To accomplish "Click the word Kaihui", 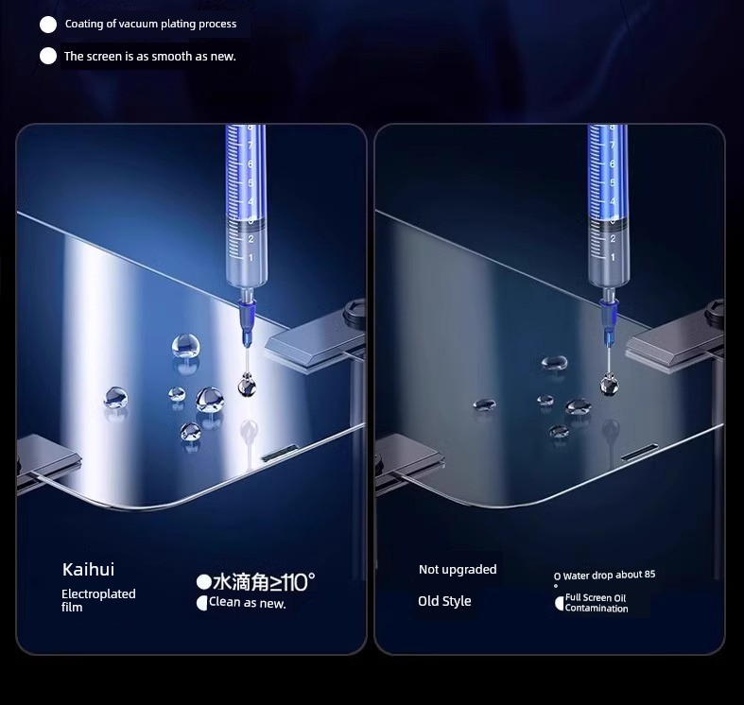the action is point(88,569).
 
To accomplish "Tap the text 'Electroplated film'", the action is point(98,600).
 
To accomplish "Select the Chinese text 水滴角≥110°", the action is point(264,582).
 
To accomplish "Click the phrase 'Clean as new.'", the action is point(247,603).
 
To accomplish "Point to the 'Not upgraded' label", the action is point(458,569).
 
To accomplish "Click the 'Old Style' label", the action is point(444,601).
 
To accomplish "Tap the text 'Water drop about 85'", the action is point(609,575).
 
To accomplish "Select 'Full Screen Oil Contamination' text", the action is point(597,603).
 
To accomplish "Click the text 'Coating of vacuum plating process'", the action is point(150,24).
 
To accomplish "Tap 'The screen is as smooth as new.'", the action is point(150,57).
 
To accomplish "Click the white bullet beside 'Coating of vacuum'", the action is point(48,25).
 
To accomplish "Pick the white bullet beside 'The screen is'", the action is point(48,56).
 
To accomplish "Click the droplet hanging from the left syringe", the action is point(247,385).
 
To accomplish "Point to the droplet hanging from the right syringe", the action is point(609,385).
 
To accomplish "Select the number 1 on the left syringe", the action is point(251,258).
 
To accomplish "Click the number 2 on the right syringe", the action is point(613,239).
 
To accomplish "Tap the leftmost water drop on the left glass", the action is point(115,398).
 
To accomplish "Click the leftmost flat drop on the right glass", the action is point(484,404).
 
